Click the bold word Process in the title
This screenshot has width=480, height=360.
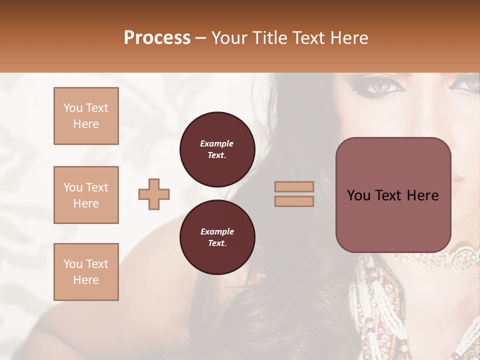[x=157, y=38]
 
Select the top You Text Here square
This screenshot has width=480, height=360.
[x=86, y=116]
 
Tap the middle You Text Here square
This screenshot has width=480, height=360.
[x=86, y=195]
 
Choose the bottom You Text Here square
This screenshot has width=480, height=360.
[x=86, y=272]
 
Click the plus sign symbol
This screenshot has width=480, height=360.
[x=154, y=194]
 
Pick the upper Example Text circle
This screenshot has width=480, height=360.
[x=217, y=149]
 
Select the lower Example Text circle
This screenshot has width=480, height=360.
[x=217, y=237]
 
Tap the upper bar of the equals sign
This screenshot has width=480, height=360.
[x=294, y=186]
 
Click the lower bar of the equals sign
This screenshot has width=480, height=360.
[x=294, y=201]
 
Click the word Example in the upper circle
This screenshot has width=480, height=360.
[x=217, y=143]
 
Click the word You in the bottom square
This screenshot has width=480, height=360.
[x=73, y=264]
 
